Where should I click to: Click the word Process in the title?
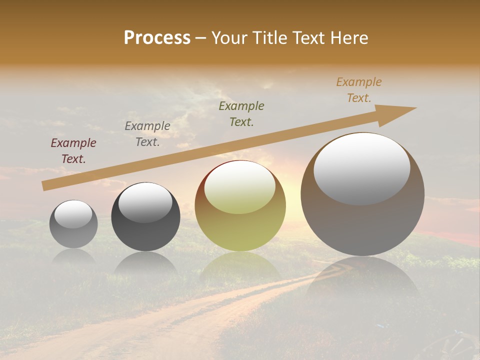tap(157, 38)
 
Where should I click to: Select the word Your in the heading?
tap(230, 38)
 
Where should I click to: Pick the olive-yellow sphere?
tap(240, 205)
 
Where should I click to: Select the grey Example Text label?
tap(147, 134)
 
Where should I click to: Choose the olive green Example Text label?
tap(241, 113)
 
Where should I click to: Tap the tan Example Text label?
tap(359, 90)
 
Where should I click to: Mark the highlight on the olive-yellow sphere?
tap(240, 187)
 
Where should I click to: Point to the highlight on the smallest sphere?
tap(73, 214)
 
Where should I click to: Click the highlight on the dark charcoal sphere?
tap(145, 202)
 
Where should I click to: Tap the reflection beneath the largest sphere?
tap(362, 277)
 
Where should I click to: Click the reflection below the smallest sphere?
tap(73, 257)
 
